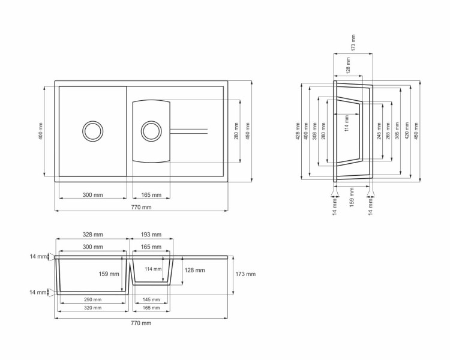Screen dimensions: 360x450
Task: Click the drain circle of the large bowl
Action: point(92,130)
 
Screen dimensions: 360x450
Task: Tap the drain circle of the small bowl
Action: point(151,130)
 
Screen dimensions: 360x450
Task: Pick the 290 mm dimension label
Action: point(92,299)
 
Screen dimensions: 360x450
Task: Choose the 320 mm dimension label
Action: point(92,308)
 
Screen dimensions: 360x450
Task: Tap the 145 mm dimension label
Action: point(151,299)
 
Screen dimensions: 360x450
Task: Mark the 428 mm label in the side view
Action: point(298,131)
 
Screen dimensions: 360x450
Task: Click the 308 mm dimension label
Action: point(313,131)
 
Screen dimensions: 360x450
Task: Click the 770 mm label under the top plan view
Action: point(141,207)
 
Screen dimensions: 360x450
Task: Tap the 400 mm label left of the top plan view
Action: point(41,131)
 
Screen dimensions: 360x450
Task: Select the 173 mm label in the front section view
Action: point(246,274)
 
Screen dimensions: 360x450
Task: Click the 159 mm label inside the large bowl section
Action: point(108,274)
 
